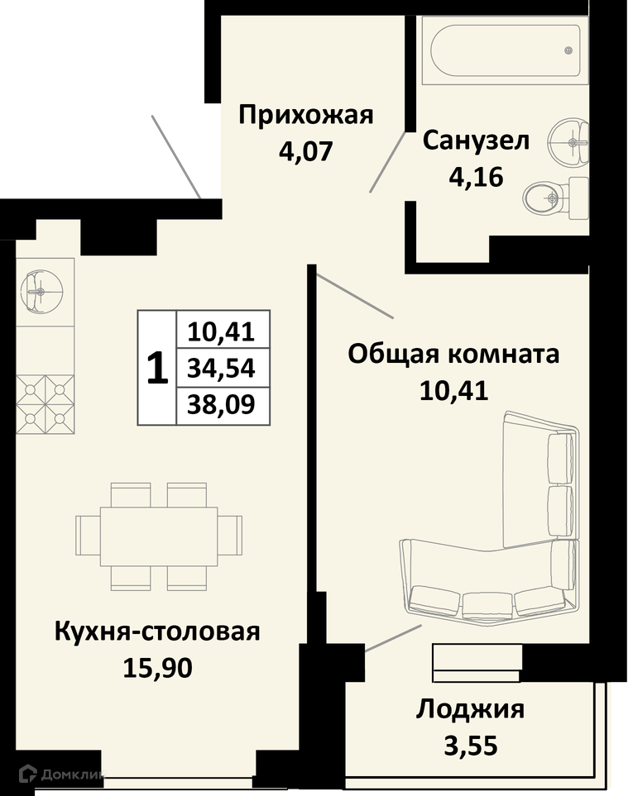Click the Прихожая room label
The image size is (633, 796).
click(x=306, y=116)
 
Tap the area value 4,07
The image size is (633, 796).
click(x=306, y=150)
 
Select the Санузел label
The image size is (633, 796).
click(x=476, y=141)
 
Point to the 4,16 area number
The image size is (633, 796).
click(x=476, y=177)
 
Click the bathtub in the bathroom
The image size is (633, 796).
click(x=505, y=50)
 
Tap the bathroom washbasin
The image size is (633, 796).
click(x=569, y=143)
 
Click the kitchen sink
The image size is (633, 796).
click(x=41, y=292)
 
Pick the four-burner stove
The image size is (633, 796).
click(x=46, y=404)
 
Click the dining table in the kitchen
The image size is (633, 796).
click(x=159, y=536)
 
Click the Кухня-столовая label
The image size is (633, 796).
click(x=157, y=632)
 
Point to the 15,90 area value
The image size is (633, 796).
click(x=157, y=668)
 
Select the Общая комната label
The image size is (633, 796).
click(x=453, y=355)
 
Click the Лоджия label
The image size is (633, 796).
click(x=470, y=710)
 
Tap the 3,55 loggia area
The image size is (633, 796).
click(x=471, y=746)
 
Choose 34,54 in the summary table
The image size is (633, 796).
click(x=221, y=368)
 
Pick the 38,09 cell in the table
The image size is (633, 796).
click(x=221, y=405)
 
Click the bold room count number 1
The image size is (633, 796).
click(x=157, y=369)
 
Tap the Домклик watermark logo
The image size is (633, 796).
click(x=61, y=775)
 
